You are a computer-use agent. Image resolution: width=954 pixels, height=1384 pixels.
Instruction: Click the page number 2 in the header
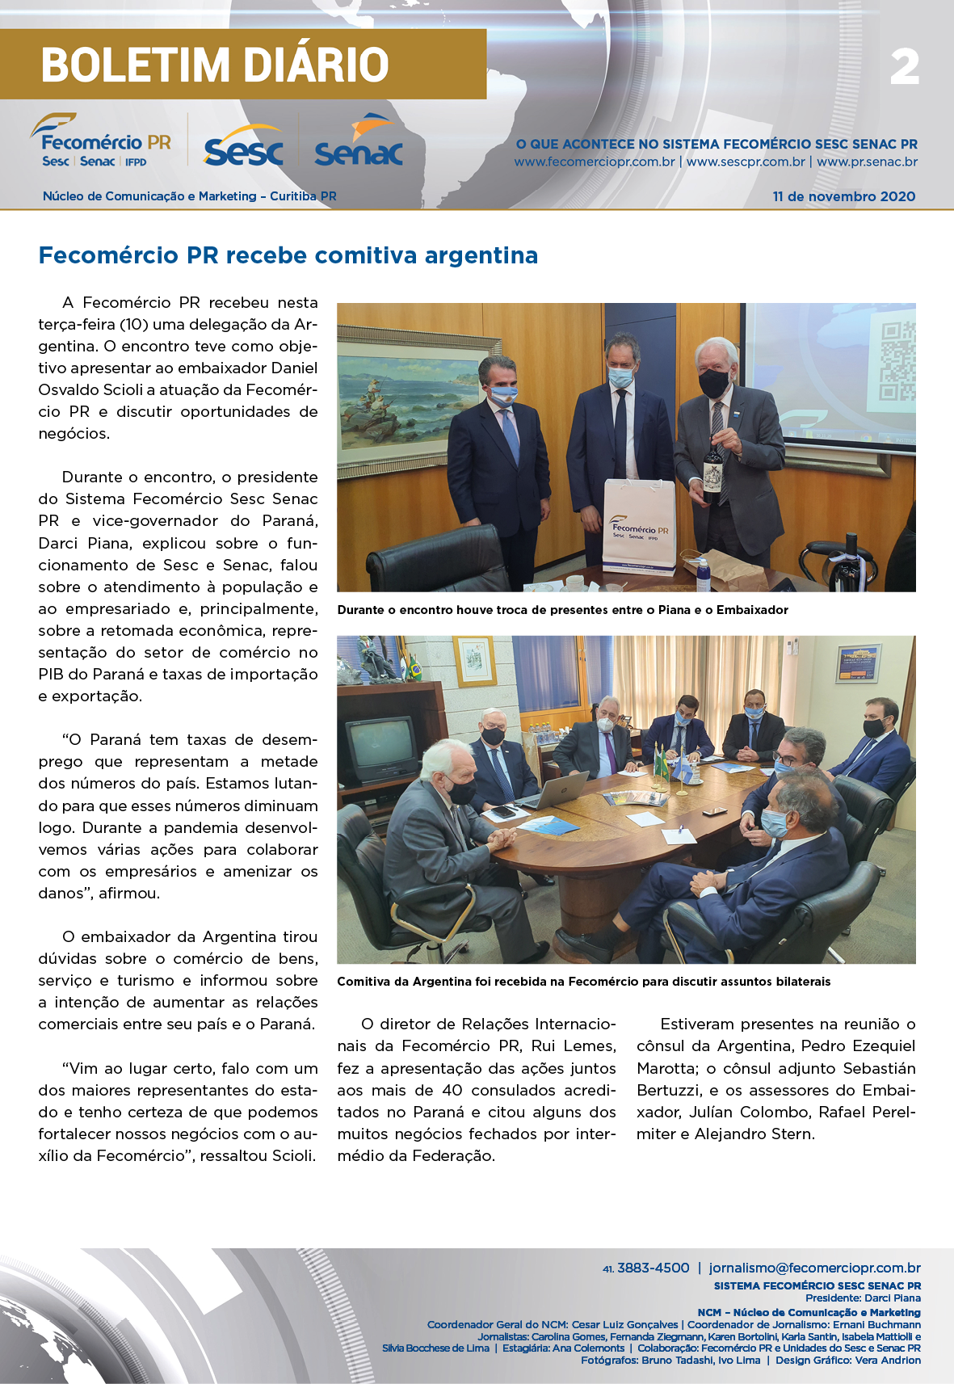tap(905, 67)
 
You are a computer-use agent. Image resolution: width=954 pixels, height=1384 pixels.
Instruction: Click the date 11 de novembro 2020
tap(843, 196)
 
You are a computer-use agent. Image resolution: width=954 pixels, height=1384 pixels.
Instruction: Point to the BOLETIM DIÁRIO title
tap(215, 65)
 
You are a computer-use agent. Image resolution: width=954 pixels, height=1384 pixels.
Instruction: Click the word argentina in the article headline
tap(481, 255)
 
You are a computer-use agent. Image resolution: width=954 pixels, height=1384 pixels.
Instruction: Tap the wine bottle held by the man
tap(712, 467)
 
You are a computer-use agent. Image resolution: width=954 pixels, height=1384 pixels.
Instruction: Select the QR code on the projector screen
tap(897, 361)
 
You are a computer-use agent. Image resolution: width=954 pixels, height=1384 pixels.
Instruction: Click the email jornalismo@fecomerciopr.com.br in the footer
tap(814, 1268)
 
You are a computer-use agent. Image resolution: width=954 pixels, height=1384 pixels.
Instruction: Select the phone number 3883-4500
tap(653, 1268)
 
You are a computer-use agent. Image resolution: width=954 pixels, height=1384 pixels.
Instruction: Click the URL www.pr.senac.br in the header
tap(867, 162)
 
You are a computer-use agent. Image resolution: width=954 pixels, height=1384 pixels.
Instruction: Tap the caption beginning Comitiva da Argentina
tap(583, 982)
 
